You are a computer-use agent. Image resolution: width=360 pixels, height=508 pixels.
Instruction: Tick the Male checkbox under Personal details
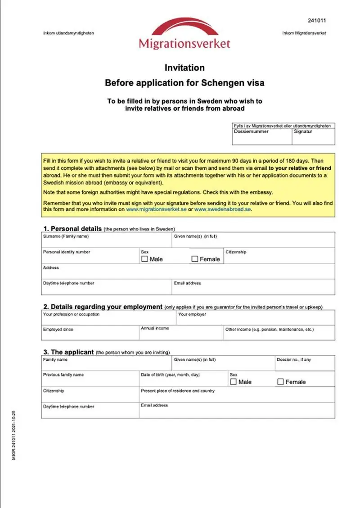[144, 259]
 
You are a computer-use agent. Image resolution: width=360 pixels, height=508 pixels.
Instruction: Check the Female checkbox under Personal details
[195, 259]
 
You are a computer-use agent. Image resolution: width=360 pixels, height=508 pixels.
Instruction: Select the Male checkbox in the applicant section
[233, 382]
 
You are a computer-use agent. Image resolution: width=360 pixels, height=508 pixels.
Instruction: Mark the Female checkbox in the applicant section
[280, 382]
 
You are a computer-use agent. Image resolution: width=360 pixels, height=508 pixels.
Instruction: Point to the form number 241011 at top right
[317, 21]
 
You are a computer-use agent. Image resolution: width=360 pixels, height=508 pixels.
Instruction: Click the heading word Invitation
[184, 68]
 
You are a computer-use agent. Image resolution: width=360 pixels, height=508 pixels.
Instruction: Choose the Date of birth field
[183, 381]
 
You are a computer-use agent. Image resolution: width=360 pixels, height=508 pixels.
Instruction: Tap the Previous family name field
[90, 381]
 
